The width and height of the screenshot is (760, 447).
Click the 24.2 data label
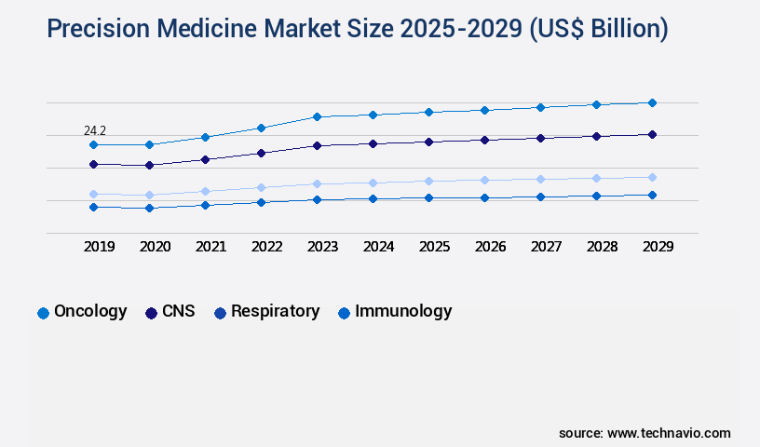(x=95, y=131)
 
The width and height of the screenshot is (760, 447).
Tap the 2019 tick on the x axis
(x=99, y=247)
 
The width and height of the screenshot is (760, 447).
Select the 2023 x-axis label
(x=322, y=247)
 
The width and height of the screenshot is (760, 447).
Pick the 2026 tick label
(x=490, y=247)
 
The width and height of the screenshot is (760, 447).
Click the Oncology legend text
(x=90, y=312)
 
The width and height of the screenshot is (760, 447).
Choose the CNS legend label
(x=178, y=312)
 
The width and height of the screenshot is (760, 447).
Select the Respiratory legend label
(x=275, y=312)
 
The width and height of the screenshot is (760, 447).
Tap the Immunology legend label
(x=403, y=312)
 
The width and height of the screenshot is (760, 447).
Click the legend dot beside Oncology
(x=43, y=313)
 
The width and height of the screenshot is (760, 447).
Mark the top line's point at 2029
(x=652, y=102)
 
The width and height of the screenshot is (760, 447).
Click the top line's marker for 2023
(x=317, y=116)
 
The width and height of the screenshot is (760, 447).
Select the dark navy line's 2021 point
(x=205, y=159)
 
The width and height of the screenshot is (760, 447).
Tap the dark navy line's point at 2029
(x=652, y=134)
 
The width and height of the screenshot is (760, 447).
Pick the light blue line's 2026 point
(x=484, y=180)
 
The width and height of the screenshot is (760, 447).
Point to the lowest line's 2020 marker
(x=149, y=208)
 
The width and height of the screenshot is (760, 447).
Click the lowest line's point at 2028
(x=596, y=196)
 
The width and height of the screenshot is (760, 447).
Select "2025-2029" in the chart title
(x=461, y=29)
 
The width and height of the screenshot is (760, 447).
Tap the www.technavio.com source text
(x=669, y=433)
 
